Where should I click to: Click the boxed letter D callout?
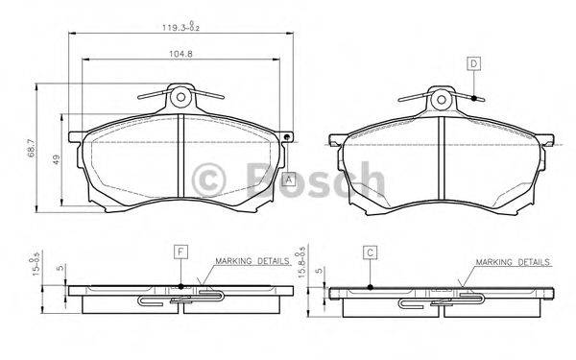coord(473,63)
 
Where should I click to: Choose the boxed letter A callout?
coord(289,177)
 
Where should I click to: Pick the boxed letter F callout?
coord(180,252)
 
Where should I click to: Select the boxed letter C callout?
coord(369,252)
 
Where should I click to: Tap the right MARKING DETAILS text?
coord(513,261)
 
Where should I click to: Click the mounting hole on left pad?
coord(181,97)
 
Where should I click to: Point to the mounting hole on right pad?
coord(440,97)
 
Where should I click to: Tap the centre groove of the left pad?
coord(181,158)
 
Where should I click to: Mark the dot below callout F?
coord(180,285)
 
